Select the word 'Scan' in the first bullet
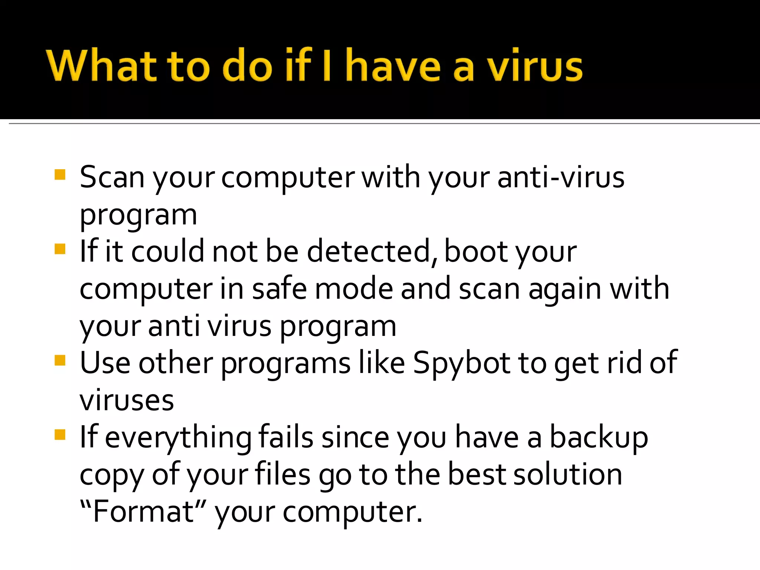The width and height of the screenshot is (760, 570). [112, 178]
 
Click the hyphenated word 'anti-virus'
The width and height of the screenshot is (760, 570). [561, 178]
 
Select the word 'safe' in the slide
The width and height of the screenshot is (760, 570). [279, 289]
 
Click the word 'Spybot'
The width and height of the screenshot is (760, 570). [462, 363]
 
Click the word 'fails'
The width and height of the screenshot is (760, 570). [286, 438]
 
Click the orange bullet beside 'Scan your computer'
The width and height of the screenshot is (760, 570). [60, 174]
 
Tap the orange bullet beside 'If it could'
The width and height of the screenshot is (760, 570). [60, 249]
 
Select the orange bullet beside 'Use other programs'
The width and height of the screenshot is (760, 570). [60, 360]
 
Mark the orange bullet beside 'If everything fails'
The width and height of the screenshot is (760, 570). [60, 435]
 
